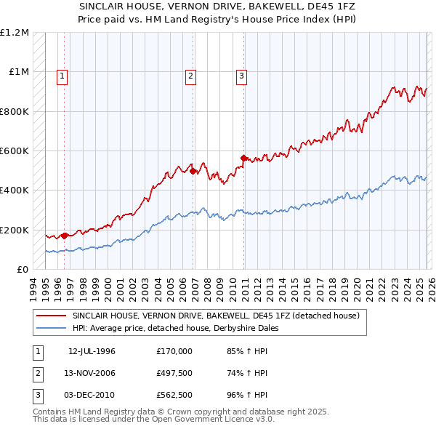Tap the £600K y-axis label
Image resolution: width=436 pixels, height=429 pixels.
click(16, 151)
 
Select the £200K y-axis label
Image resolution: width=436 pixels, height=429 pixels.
click(16, 230)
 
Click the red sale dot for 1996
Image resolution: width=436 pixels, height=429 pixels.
click(65, 236)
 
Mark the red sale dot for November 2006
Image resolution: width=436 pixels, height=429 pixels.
click(193, 172)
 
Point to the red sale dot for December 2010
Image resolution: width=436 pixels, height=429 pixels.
click(243, 158)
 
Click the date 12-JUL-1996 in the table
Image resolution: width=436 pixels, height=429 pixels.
click(92, 351)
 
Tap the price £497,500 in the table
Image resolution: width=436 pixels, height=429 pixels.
click(174, 373)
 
